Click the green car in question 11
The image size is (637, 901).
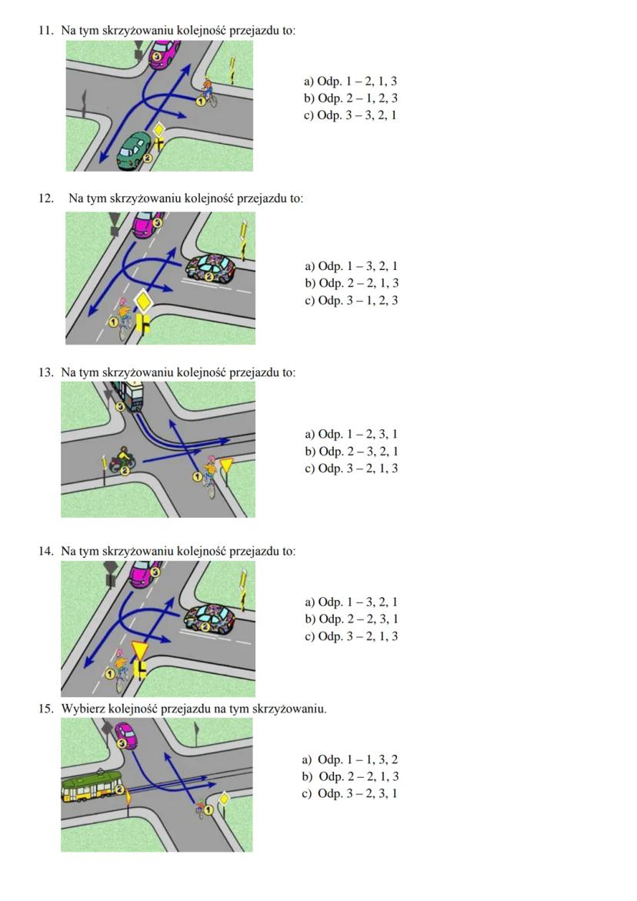tap(134, 148)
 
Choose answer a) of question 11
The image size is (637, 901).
tap(350, 82)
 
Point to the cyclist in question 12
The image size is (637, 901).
tap(124, 312)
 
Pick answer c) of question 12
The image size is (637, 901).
tap(351, 301)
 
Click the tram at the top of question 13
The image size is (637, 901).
tap(128, 395)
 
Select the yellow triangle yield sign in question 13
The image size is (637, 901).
tap(226, 465)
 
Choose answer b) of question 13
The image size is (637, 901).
tap(351, 452)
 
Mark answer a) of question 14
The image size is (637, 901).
tap(351, 602)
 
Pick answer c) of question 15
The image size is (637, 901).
tap(350, 794)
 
